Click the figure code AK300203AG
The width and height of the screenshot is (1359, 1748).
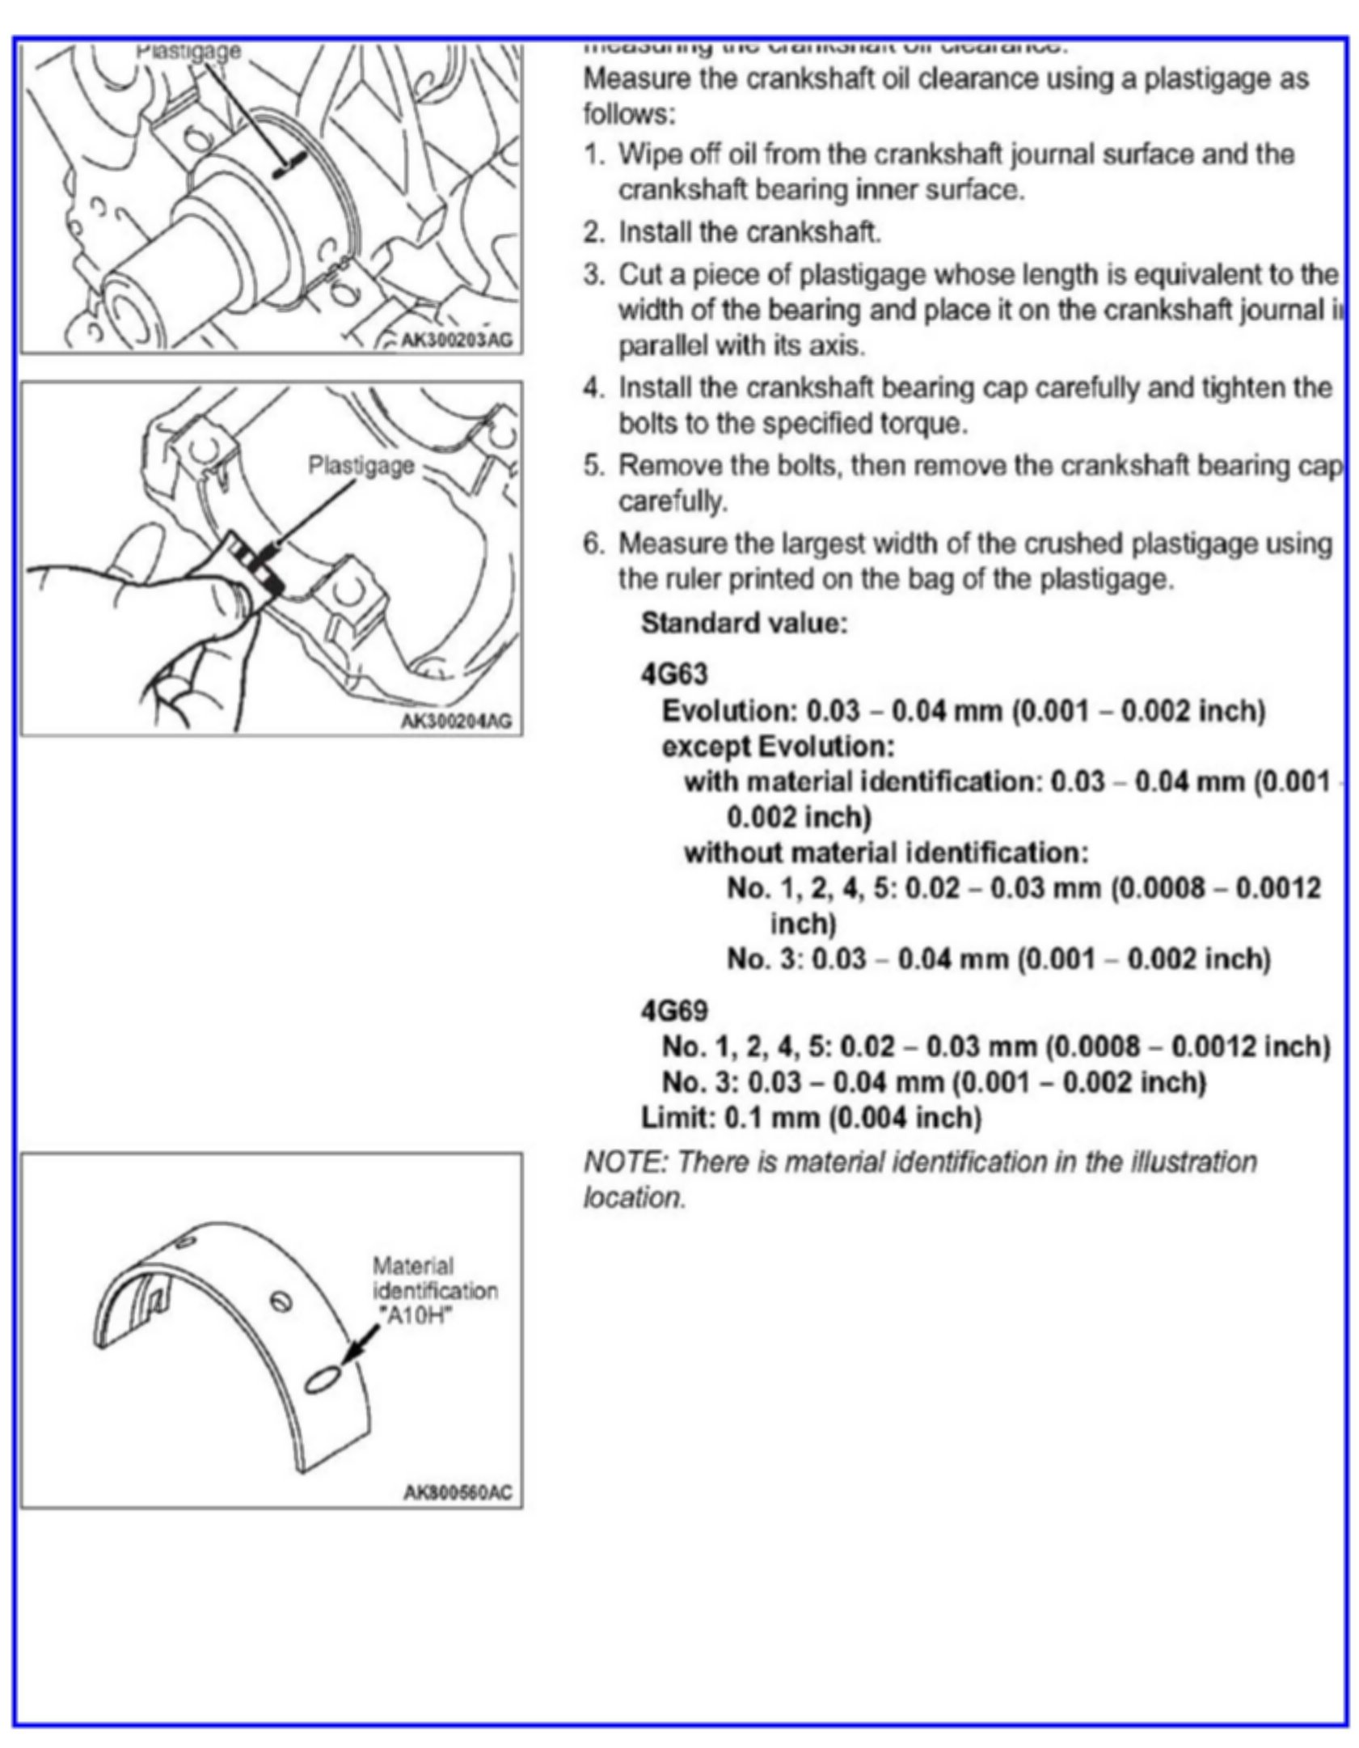(457, 341)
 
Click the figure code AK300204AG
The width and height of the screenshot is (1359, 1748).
(457, 722)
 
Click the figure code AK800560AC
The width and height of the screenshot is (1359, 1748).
(457, 1493)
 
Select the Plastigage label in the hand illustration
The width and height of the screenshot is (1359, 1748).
(361, 466)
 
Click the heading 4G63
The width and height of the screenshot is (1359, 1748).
(673, 675)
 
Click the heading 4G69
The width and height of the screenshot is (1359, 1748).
(673, 1011)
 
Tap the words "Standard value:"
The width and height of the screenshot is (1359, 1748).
(744, 624)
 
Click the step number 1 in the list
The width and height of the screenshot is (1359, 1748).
(593, 154)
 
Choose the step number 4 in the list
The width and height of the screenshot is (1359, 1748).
(593, 388)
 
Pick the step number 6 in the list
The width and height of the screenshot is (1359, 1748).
(593, 544)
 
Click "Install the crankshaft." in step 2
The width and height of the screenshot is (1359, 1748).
(749, 233)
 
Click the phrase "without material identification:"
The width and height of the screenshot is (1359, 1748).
(886, 853)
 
